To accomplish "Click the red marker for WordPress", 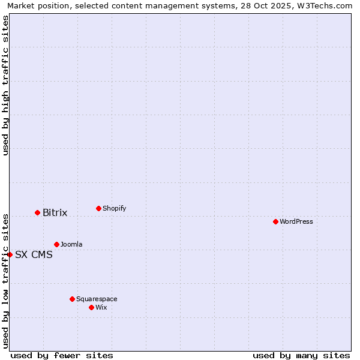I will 275,221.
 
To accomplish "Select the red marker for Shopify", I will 98,208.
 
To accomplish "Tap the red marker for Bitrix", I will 37,212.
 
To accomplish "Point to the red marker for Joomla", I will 56,244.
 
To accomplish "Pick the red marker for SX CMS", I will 10,254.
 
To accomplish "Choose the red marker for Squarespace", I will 72,299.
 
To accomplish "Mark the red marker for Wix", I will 91,307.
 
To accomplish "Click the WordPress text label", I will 296,221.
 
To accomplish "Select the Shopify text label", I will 114,208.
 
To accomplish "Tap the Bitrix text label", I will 55,212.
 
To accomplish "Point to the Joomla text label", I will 71,244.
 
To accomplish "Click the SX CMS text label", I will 34,254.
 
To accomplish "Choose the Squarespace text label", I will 97,299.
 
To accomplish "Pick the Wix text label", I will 101,307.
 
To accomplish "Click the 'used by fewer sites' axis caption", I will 62,355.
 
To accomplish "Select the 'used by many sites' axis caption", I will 301,355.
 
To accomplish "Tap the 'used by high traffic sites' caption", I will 5,85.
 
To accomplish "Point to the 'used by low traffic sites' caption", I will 5,280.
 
